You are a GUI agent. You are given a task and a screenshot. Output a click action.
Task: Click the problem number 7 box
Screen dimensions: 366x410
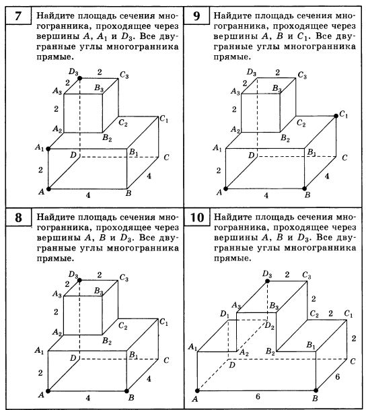point(18,15)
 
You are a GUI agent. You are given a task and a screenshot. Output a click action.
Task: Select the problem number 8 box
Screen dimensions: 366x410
point(18,217)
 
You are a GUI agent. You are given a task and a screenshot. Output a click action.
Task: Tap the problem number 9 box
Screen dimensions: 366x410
point(196,15)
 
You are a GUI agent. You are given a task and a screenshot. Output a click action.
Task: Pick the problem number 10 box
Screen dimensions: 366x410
point(196,217)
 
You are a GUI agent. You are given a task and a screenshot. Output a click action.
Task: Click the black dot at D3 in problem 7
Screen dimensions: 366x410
point(79,78)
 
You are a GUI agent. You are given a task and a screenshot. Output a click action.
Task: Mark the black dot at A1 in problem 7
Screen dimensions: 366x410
point(48,149)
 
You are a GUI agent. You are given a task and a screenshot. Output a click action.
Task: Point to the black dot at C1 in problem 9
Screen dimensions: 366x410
point(336,116)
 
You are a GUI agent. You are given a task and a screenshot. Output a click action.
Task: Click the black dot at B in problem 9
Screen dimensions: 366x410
point(304,189)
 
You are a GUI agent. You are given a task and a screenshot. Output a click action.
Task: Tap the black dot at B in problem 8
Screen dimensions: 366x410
point(126,391)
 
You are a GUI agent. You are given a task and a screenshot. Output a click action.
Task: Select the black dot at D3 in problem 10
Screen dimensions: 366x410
point(267,281)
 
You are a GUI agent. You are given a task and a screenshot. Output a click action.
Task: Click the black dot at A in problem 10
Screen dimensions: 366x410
point(197,390)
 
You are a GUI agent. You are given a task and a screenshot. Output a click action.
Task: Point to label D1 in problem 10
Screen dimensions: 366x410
point(225,314)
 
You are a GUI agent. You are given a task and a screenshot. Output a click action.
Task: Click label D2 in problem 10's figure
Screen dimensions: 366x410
point(269,326)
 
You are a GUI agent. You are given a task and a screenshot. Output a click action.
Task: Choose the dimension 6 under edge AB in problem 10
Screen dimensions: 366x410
point(258,397)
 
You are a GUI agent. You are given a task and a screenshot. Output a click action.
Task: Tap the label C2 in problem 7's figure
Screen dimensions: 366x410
point(122,123)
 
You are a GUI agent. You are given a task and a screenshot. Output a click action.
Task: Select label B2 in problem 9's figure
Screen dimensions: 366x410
point(285,138)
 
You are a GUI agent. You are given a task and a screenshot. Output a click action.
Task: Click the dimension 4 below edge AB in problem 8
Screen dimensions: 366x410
point(88,398)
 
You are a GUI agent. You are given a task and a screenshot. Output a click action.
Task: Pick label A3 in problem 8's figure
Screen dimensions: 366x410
point(57,294)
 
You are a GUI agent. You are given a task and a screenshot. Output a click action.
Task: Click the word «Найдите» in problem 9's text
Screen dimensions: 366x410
point(233,15)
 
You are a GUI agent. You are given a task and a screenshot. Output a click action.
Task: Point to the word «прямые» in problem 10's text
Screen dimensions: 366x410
point(233,259)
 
